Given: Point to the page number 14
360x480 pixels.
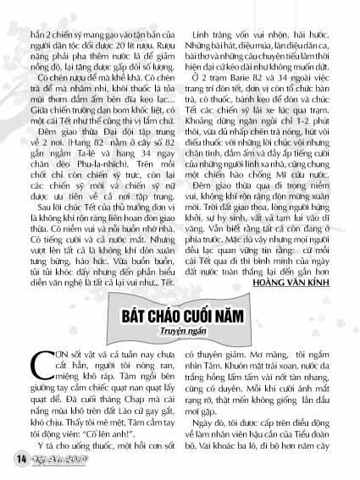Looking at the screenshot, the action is click(x=19, y=458).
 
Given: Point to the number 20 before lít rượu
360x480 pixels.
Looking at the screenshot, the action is click(x=117, y=18).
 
